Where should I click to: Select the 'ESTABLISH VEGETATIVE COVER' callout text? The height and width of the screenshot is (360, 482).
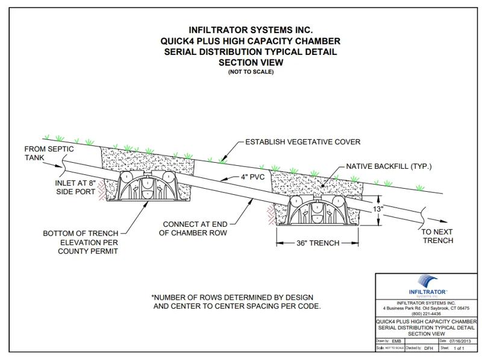[x=303, y=142]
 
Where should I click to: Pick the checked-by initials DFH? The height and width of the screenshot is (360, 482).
[x=428, y=348]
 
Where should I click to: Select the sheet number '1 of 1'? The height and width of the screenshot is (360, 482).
[x=460, y=348]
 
